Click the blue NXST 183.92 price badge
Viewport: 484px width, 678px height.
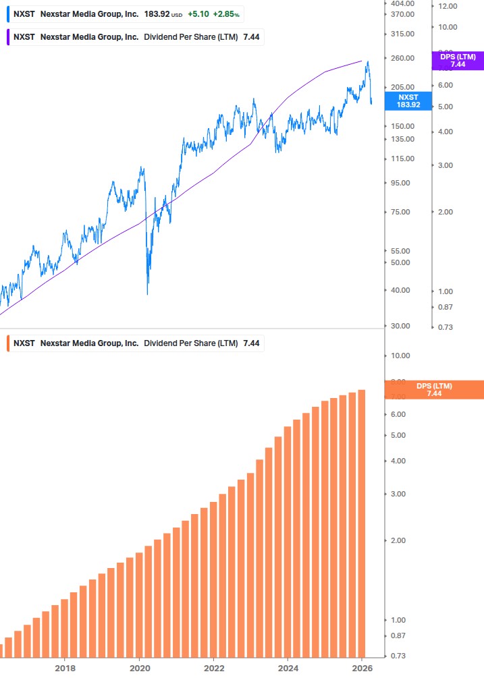coord(408,101)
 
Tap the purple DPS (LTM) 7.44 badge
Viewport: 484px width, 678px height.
coord(458,61)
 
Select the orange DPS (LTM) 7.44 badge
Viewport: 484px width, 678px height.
coord(433,390)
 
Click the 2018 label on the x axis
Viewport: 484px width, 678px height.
coord(65,669)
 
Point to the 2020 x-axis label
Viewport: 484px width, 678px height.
coord(139,669)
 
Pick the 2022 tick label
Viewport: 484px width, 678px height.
coord(213,669)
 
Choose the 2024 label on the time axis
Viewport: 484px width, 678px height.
coord(288,669)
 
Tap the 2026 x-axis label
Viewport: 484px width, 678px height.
coord(362,669)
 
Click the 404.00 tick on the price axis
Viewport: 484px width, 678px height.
coord(402,3)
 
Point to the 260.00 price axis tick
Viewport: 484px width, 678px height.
coord(402,58)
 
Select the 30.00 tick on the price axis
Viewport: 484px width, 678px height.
coord(400,326)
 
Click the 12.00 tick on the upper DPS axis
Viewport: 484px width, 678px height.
coord(448,6)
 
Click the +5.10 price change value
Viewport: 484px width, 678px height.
coord(198,13)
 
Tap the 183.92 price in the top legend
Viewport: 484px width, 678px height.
coord(156,13)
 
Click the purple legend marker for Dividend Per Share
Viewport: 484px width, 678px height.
coord(7,37)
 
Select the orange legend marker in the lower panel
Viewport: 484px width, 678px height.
coord(7,343)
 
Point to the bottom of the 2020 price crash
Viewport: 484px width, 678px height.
coord(148,294)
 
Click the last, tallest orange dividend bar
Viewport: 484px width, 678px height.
coord(362,523)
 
